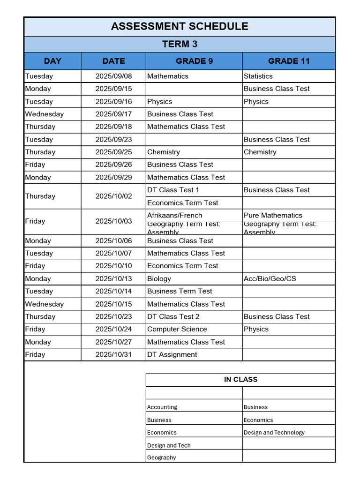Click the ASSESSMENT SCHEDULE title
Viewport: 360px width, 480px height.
180,26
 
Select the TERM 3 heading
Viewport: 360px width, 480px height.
180,44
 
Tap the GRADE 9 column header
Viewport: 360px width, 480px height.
194,61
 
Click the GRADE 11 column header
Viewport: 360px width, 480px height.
289,61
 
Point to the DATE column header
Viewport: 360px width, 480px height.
113,61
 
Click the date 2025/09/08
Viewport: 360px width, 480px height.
113,76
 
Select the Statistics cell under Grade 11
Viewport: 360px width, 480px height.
258,76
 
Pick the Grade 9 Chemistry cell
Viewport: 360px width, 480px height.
164,152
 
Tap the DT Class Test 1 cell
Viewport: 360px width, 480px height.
173,190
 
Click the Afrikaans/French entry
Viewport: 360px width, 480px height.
175,215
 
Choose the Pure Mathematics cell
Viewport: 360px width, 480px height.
273,215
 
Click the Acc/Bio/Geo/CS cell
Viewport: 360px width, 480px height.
270,278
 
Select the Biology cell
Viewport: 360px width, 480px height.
159,278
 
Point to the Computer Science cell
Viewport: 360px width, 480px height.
177,329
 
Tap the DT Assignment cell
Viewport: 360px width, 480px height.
172,354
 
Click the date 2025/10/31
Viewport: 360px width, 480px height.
113,354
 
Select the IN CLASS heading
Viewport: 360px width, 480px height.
240,379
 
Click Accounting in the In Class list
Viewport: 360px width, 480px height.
162,407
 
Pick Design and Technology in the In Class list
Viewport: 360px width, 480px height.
274,432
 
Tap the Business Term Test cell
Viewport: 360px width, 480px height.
180,291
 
